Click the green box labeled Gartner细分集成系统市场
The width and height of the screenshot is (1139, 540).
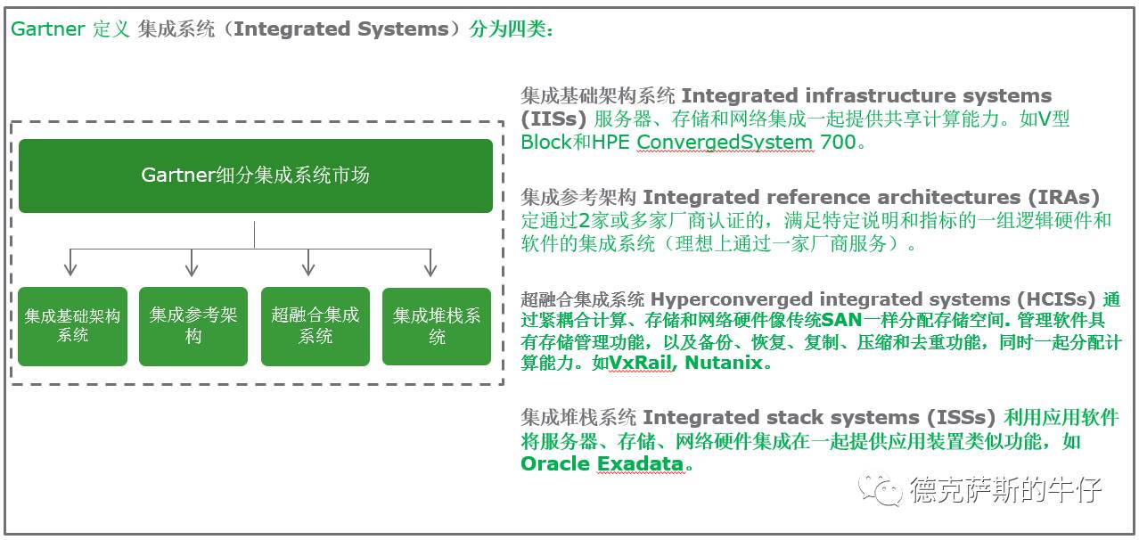pyautogui.click(x=255, y=176)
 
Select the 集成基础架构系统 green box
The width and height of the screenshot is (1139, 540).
pyautogui.click(x=72, y=326)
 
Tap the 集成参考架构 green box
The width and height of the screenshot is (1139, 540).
pyautogui.click(x=193, y=326)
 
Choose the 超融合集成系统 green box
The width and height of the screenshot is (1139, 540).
pyautogui.click(x=315, y=326)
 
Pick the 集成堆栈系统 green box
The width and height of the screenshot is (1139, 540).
pyautogui.click(x=437, y=326)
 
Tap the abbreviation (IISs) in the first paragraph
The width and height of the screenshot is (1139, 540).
pyautogui.click(x=553, y=119)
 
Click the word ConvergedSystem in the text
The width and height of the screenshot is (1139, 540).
pyautogui.click(x=725, y=142)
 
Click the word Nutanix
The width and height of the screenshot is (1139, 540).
pyautogui.click(x=725, y=363)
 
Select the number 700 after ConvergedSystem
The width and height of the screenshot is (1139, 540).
pyautogui.click(x=837, y=142)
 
